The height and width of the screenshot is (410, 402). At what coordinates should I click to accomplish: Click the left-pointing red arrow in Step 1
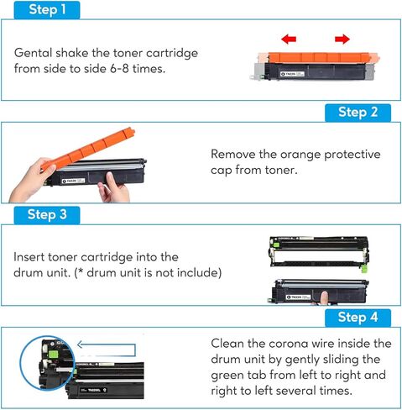[289, 39]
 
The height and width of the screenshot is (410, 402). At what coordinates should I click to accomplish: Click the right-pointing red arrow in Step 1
[342, 39]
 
